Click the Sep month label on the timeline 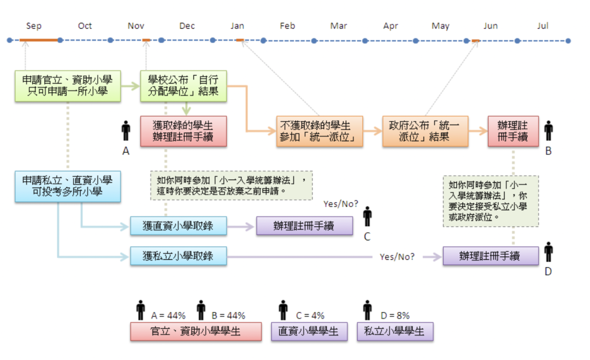click(34, 26)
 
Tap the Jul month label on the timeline click(542, 26)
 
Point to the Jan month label click(237, 26)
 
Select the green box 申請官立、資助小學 click(68, 86)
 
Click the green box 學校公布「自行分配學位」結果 click(183, 86)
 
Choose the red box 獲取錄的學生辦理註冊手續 click(183, 131)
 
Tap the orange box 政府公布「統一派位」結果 click(425, 131)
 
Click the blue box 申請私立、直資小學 click(68, 186)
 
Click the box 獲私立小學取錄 click(178, 256)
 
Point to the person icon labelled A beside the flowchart click(126, 131)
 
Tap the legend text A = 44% click(168, 315)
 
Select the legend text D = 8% click(395, 315)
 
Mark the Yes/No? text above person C click(340, 204)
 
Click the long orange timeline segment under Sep click(38, 40)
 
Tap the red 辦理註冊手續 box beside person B click(513, 131)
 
